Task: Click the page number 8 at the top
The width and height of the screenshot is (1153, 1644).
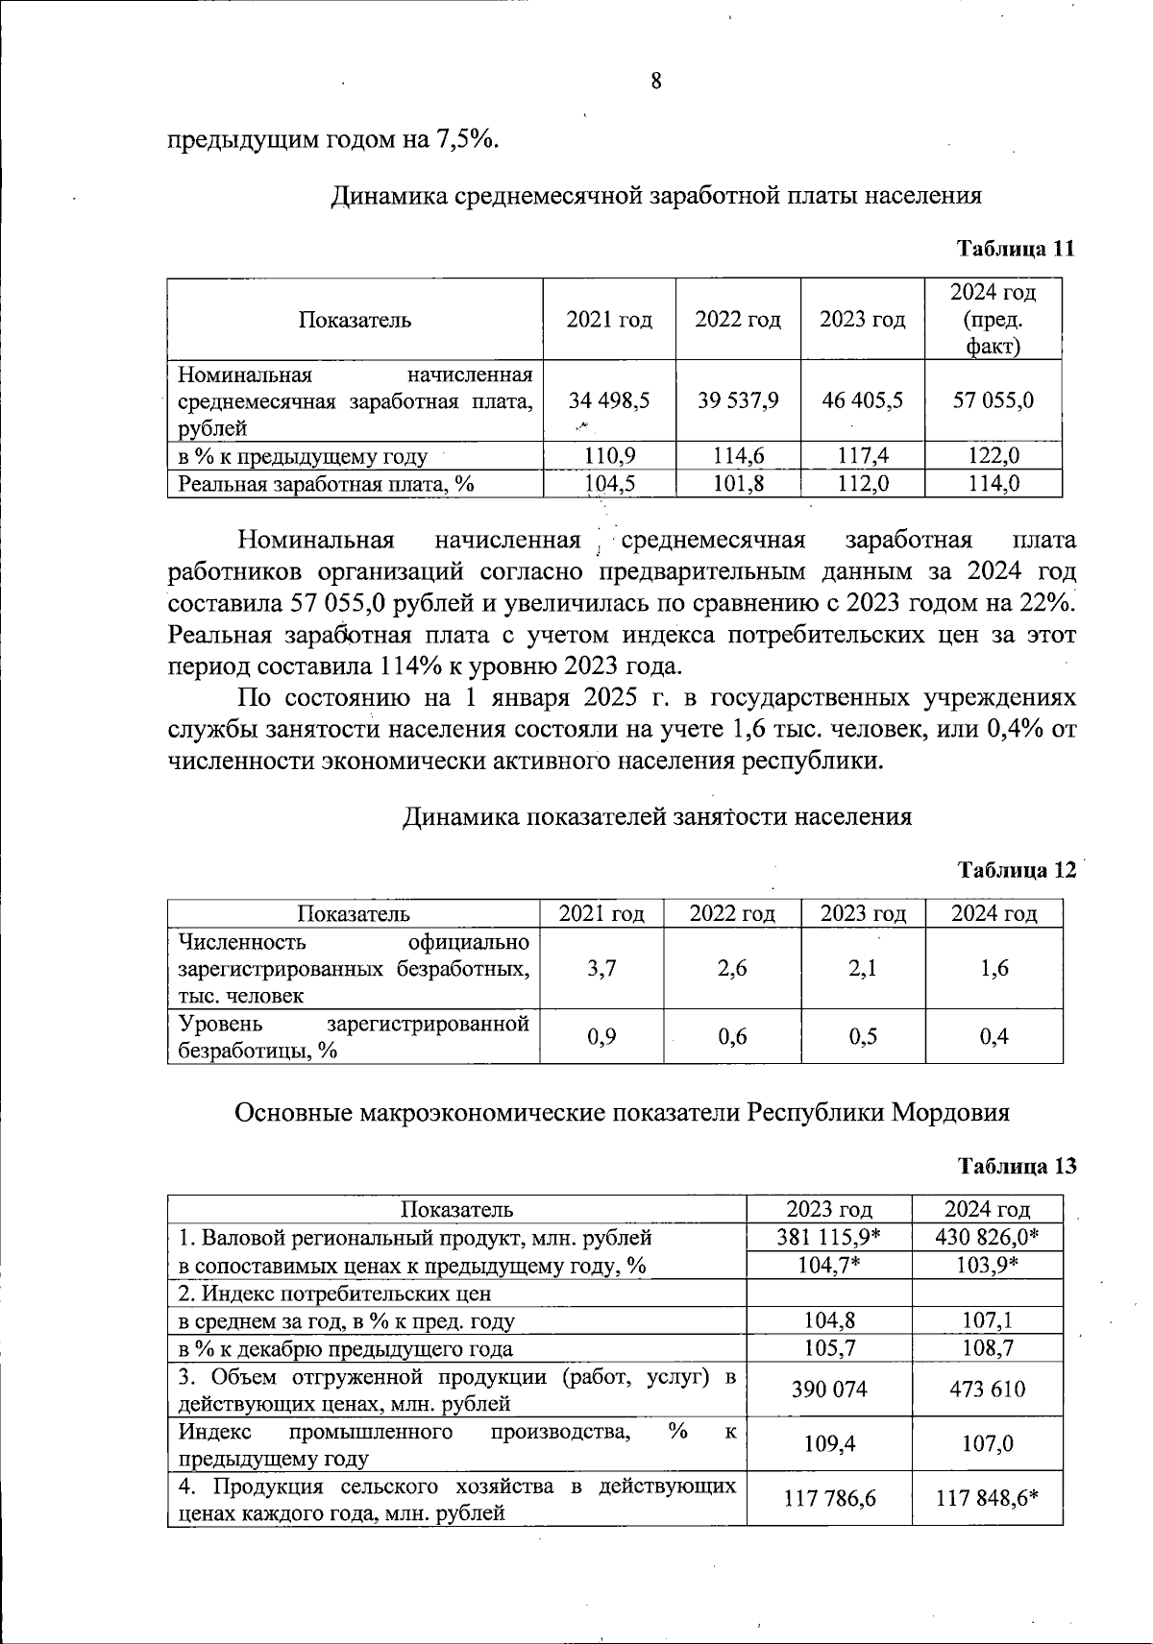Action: pyautogui.click(x=656, y=81)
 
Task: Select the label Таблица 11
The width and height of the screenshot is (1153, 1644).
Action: pyautogui.click(x=1015, y=249)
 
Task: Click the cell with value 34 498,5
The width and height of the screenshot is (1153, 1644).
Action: pyautogui.click(x=608, y=400)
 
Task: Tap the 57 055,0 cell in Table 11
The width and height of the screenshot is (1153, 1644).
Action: pyautogui.click(x=993, y=400)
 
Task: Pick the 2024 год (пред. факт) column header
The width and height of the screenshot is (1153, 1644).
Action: pyautogui.click(x=993, y=319)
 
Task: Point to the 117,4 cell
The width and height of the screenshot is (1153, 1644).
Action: pyautogui.click(x=862, y=455)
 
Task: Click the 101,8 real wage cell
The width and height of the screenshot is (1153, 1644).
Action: pyautogui.click(x=737, y=483)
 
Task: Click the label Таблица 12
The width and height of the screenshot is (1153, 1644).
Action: pyautogui.click(x=1017, y=871)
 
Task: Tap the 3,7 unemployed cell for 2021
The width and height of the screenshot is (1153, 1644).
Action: pyautogui.click(x=601, y=968)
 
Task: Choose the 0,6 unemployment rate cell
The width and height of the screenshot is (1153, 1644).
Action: pyautogui.click(x=732, y=1036)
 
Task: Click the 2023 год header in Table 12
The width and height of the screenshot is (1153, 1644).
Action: pyautogui.click(x=862, y=913)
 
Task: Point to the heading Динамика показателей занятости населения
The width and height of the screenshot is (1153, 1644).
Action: pyautogui.click(x=655, y=817)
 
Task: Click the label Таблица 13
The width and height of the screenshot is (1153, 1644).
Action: pyautogui.click(x=1017, y=1166)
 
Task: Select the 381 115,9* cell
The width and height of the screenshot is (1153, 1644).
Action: pyautogui.click(x=828, y=1237)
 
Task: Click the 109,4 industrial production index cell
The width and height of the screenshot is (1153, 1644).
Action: pyautogui.click(x=828, y=1443)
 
